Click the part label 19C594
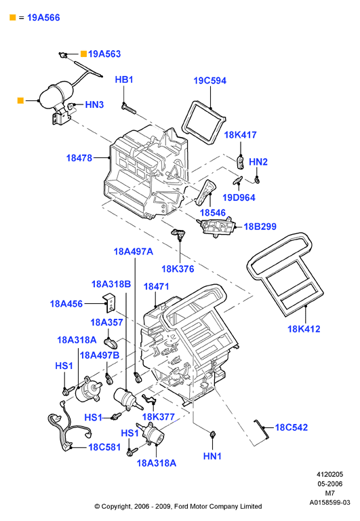pos(210,81)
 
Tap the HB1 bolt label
pos(124,80)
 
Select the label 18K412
pos(304,329)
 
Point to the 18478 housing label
pos(79,158)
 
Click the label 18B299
pos(260,227)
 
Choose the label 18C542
pos(292,427)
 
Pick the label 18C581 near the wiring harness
pos(104,447)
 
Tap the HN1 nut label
pos(212,456)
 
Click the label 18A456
pos(66,304)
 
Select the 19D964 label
pos(239,197)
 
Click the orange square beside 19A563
pos(83,54)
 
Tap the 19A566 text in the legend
pos(43,18)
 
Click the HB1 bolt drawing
pos(129,109)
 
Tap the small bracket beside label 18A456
pos(109,303)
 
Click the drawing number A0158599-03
pos(329,503)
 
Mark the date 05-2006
pos(329,484)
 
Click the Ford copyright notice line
pos(178,506)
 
